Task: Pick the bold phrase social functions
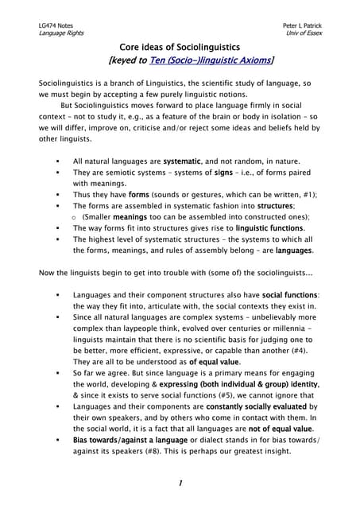288,295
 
